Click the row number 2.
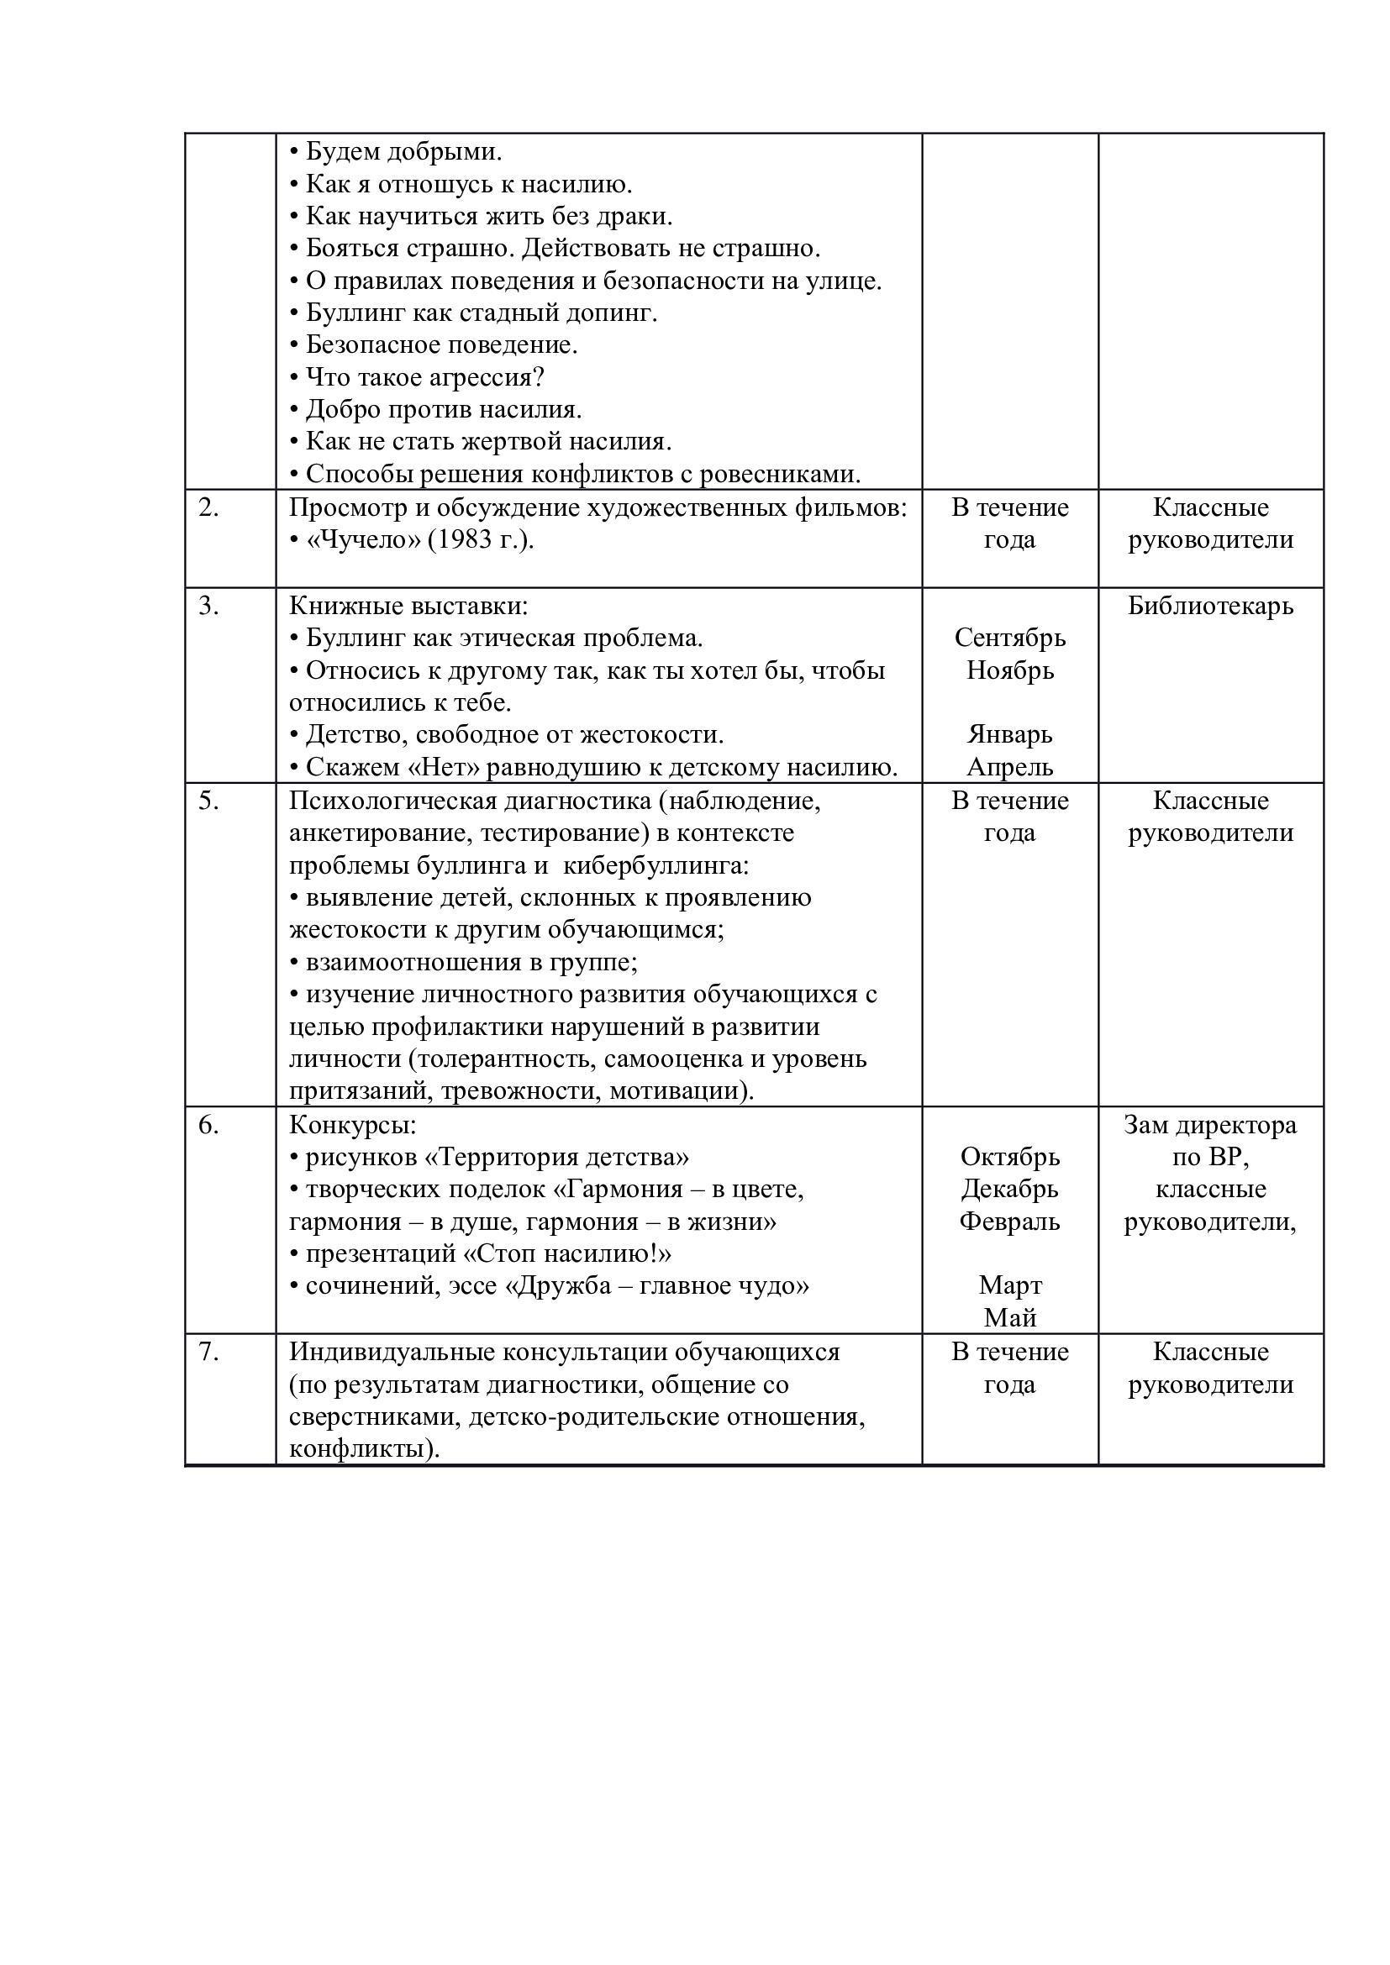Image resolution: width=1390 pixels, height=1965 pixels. point(208,507)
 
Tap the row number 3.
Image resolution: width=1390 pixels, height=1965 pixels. point(208,606)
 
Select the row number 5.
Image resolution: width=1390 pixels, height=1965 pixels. point(208,801)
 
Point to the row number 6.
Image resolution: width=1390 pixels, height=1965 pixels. point(208,1125)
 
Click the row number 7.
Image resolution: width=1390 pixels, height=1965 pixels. point(208,1352)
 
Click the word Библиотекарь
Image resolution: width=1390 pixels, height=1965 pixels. point(1210,606)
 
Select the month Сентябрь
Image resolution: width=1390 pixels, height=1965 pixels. point(1010,638)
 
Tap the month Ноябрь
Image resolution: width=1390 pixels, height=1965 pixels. point(1010,670)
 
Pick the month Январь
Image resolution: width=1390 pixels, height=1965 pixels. point(1010,734)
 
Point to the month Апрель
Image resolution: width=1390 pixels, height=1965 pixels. point(1010,767)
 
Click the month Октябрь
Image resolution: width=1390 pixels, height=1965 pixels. point(1010,1157)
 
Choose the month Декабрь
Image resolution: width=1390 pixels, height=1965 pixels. point(1010,1189)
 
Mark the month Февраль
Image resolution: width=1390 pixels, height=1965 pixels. point(1010,1222)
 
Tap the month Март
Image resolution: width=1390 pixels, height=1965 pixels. point(1010,1285)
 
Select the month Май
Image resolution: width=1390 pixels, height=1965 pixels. point(1010,1318)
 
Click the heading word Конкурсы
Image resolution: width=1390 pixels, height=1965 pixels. point(352,1125)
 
